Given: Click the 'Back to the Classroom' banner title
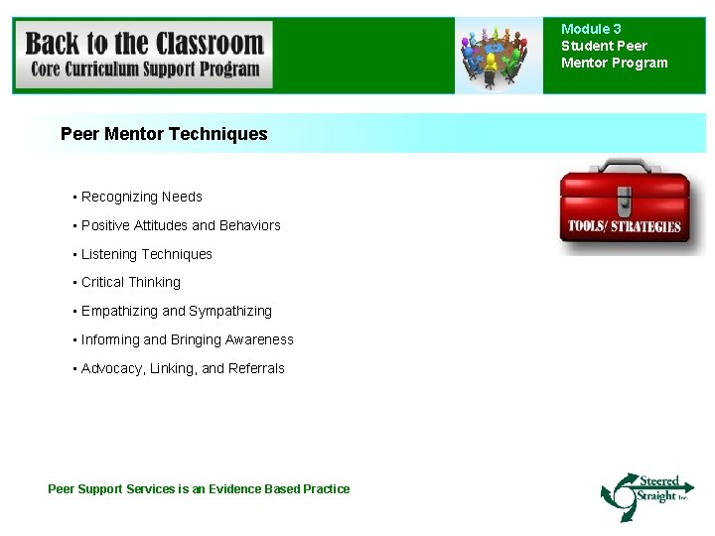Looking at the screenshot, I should (x=144, y=44).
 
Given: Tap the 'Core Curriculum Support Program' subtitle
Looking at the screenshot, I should (x=144, y=69).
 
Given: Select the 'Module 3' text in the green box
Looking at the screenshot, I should (x=591, y=29).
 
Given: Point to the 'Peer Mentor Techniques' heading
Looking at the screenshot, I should (x=164, y=134).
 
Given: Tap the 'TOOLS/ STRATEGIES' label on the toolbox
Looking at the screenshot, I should (x=625, y=225).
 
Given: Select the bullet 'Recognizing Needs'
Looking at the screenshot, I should (x=141, y=197).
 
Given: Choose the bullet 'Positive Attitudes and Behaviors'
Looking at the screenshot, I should (x=181, y=225).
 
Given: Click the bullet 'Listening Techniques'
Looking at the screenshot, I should (x=146, y=254).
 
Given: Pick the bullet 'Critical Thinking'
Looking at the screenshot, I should (x=131, y=282).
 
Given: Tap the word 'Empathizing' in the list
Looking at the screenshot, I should (x=119, y=311).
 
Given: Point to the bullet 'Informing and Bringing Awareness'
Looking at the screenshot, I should (x=187, y=339).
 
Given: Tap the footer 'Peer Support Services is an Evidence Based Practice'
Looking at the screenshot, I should (x=199, y=488).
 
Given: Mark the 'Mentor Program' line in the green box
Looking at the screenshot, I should (x=614, y=63).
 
